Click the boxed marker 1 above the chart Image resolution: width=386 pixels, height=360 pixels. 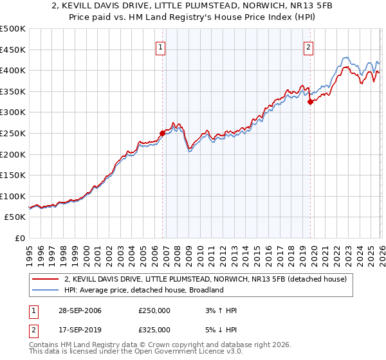point(160,46)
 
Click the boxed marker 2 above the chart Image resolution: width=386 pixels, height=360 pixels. point(309,46)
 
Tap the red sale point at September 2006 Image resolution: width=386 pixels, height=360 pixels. point(162,133)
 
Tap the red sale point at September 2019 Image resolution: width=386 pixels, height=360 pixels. point(310,102)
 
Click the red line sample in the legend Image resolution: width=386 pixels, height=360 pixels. point(45,279)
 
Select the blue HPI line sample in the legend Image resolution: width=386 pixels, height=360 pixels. point(45,290)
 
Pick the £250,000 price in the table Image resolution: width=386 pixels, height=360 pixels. point(154,311)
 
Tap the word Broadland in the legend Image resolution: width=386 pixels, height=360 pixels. point(205,290)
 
